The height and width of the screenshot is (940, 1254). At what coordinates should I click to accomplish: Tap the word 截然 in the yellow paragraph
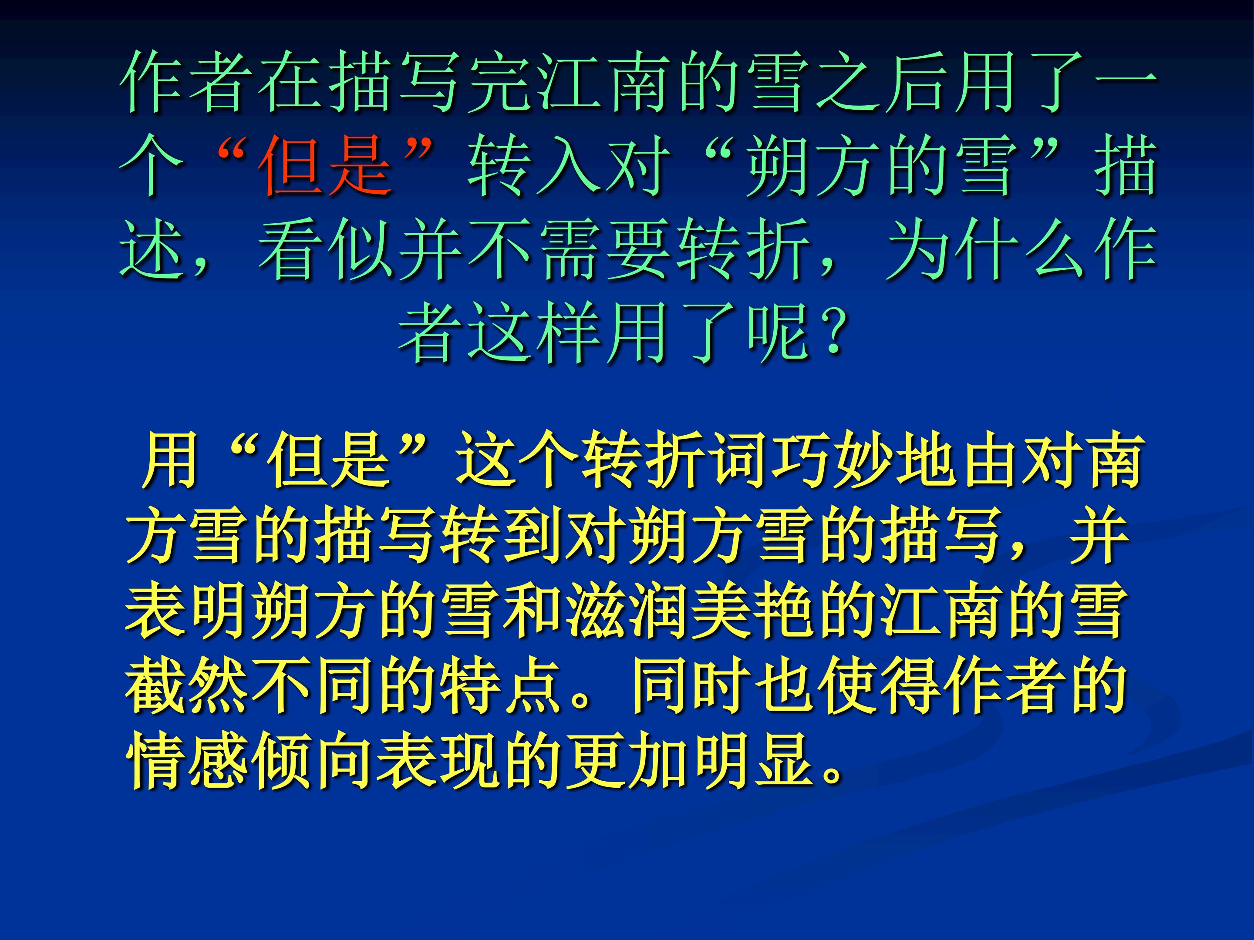click(x=187, y=688)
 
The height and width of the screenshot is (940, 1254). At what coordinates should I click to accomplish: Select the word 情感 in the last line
click(x=187, y=762)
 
